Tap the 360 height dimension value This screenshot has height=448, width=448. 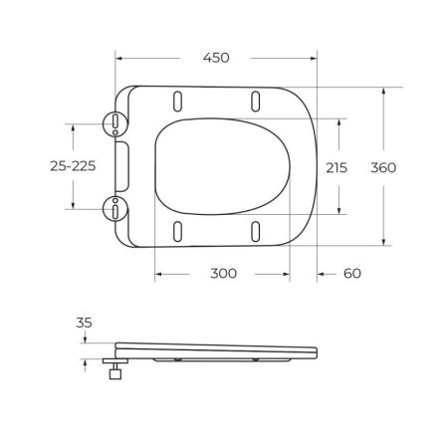point(384,167)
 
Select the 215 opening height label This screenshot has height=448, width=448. point(337,167)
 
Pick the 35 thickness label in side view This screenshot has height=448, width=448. point(83,323)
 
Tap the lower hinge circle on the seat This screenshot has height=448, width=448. point(117,208)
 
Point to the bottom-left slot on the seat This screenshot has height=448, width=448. point(177,231)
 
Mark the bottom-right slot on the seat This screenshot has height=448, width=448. point(256,231)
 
